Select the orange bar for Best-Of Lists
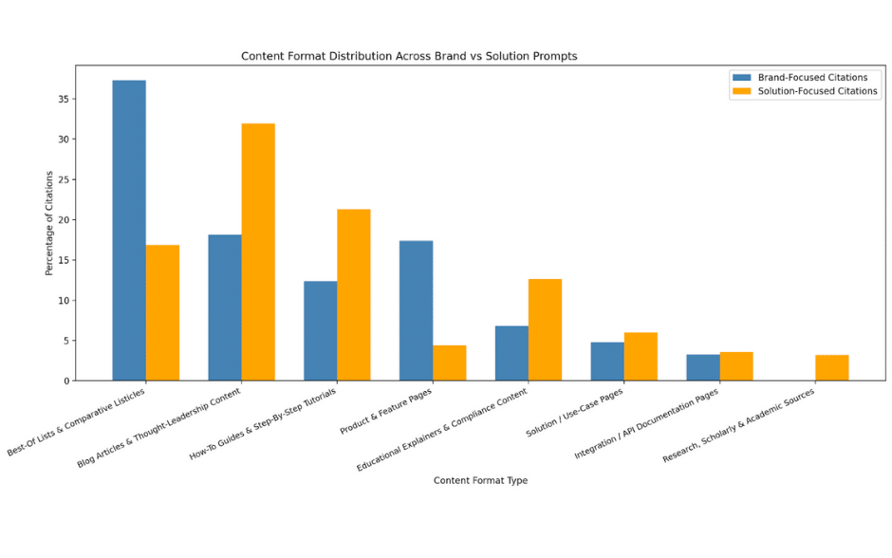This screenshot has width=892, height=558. point(162,313)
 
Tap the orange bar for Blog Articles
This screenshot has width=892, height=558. point(258,252)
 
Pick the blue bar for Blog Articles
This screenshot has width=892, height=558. point(225,307)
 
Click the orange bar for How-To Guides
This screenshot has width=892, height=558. point(353,295)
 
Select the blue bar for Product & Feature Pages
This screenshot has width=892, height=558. point(416,310)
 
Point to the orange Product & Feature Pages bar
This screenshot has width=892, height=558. point(449,363)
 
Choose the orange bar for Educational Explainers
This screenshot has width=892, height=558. point(545,330)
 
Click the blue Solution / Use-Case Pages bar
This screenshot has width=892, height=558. point(607,362)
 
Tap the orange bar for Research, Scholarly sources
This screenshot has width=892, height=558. point(831,368)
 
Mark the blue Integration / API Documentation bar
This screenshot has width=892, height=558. point(702,368)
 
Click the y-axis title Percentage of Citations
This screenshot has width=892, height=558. point(49,223)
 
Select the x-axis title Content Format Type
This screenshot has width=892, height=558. point(480,480)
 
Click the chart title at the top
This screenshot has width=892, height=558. point(409,56)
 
